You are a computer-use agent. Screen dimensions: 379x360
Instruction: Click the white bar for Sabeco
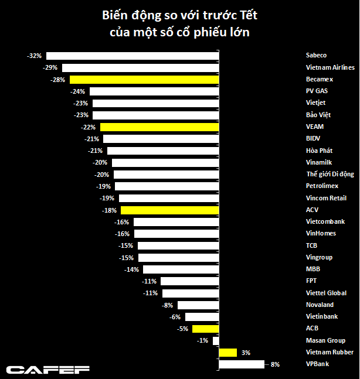coord(133,56)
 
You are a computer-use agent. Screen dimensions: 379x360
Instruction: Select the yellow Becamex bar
coord(144,80)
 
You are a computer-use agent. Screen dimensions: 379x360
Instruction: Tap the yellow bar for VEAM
coord(159,127)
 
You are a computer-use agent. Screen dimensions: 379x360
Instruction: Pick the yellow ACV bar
coord(169,210)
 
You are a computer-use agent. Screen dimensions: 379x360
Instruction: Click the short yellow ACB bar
coord(205,329)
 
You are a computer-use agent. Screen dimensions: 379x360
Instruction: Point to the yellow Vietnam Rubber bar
coord(227,353)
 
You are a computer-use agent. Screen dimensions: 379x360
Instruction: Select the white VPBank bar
coord(241,364)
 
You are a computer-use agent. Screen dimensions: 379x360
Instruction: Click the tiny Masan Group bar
coord(215,340)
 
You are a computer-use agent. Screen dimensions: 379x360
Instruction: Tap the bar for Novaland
coord(198,305)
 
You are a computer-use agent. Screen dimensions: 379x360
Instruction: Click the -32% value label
coord(35,56)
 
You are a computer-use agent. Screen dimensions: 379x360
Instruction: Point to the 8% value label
coord(275,364)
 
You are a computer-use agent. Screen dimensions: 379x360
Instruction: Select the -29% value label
coord(50,67)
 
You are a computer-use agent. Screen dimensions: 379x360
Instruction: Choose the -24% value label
coord(78,91)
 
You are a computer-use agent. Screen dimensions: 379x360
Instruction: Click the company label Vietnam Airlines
coord(330,67)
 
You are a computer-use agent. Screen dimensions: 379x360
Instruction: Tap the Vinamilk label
coord(318,162)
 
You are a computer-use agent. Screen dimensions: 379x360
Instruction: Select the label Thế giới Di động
coord(330,174)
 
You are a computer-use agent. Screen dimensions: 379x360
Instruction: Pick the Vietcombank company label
coord(325,221)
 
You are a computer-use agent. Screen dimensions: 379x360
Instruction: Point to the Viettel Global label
coord(325,293)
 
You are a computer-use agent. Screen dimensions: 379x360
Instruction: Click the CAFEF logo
coord(47,370)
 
